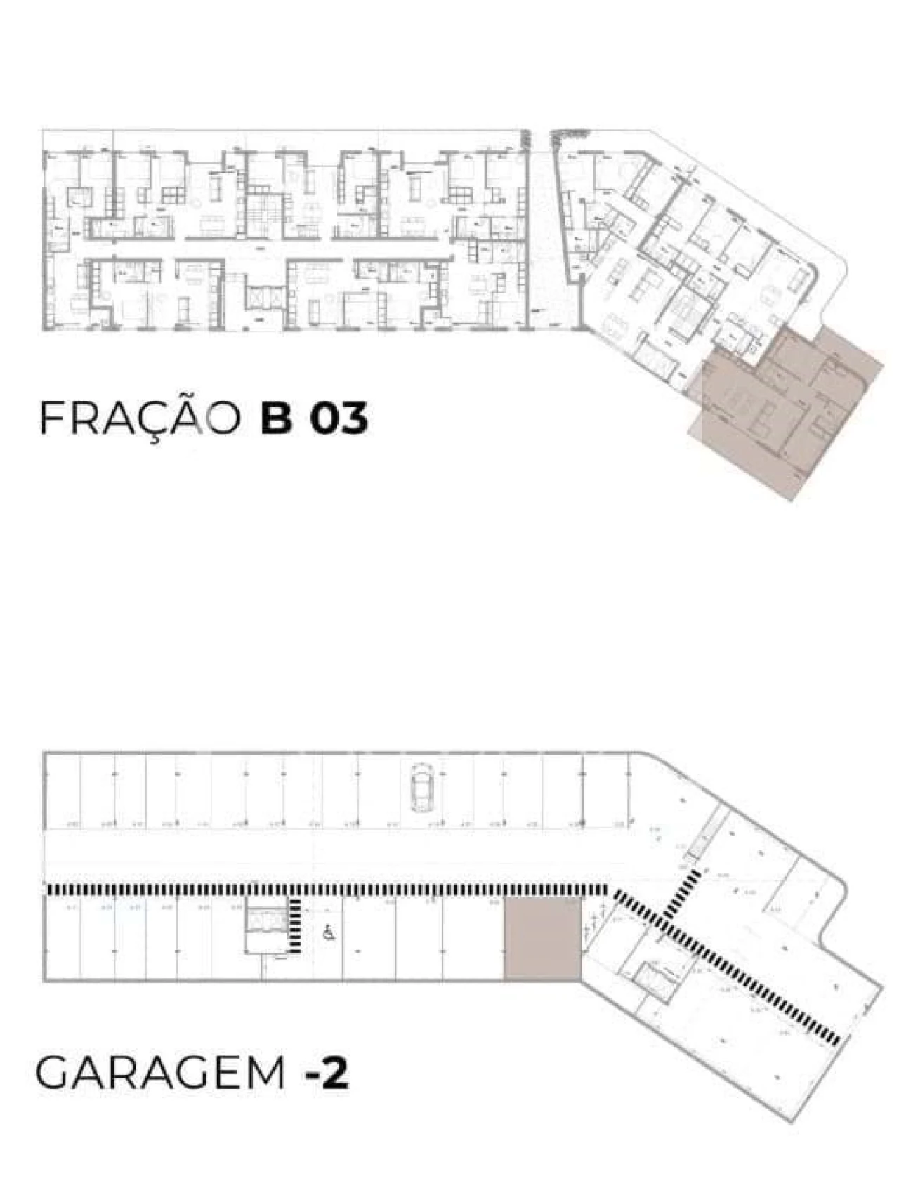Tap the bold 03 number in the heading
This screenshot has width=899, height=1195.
(340, 418)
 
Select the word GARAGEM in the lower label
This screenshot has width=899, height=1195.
(160, 1074)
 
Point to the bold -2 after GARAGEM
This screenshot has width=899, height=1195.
(327, 1074)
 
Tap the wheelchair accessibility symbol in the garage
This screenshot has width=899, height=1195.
(327, 933)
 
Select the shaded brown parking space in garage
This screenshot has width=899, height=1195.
(543, 939)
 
